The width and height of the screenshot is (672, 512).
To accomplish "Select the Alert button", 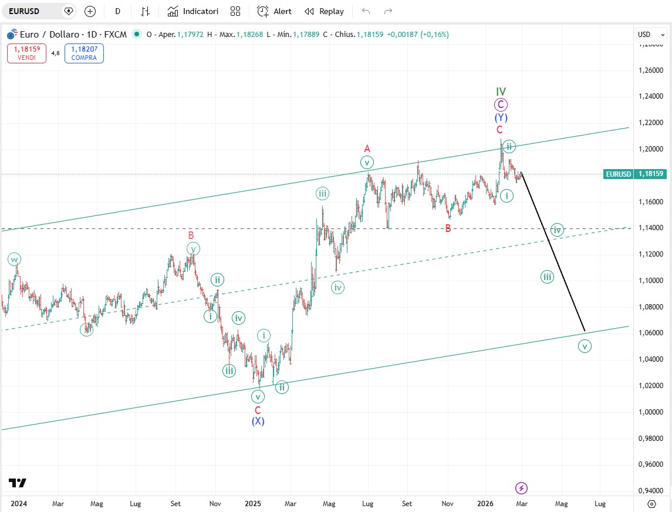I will (275, 11).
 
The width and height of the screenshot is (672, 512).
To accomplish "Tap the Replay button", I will (325, 11).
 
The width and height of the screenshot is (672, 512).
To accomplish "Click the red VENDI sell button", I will (26, 53).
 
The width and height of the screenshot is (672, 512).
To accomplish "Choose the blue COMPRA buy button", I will (84, 53).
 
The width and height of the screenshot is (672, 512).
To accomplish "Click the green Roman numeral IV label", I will (501, 92).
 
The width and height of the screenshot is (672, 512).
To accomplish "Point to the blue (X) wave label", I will (258, 421).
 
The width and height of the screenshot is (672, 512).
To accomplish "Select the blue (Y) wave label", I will (501, 118).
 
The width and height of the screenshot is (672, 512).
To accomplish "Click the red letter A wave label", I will (367, 149).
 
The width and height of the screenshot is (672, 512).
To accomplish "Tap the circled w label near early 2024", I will (14, 259).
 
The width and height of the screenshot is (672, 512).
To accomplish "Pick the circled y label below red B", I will (193, 248).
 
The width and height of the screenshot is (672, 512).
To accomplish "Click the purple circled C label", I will (500, 105).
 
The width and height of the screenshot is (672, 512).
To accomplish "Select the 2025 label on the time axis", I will (253, 503).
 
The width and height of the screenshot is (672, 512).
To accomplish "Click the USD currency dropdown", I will (651, 35).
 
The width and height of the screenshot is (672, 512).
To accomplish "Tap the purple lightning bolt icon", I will (521, 488).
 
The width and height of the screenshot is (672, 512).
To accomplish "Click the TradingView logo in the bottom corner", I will (18, 483).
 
